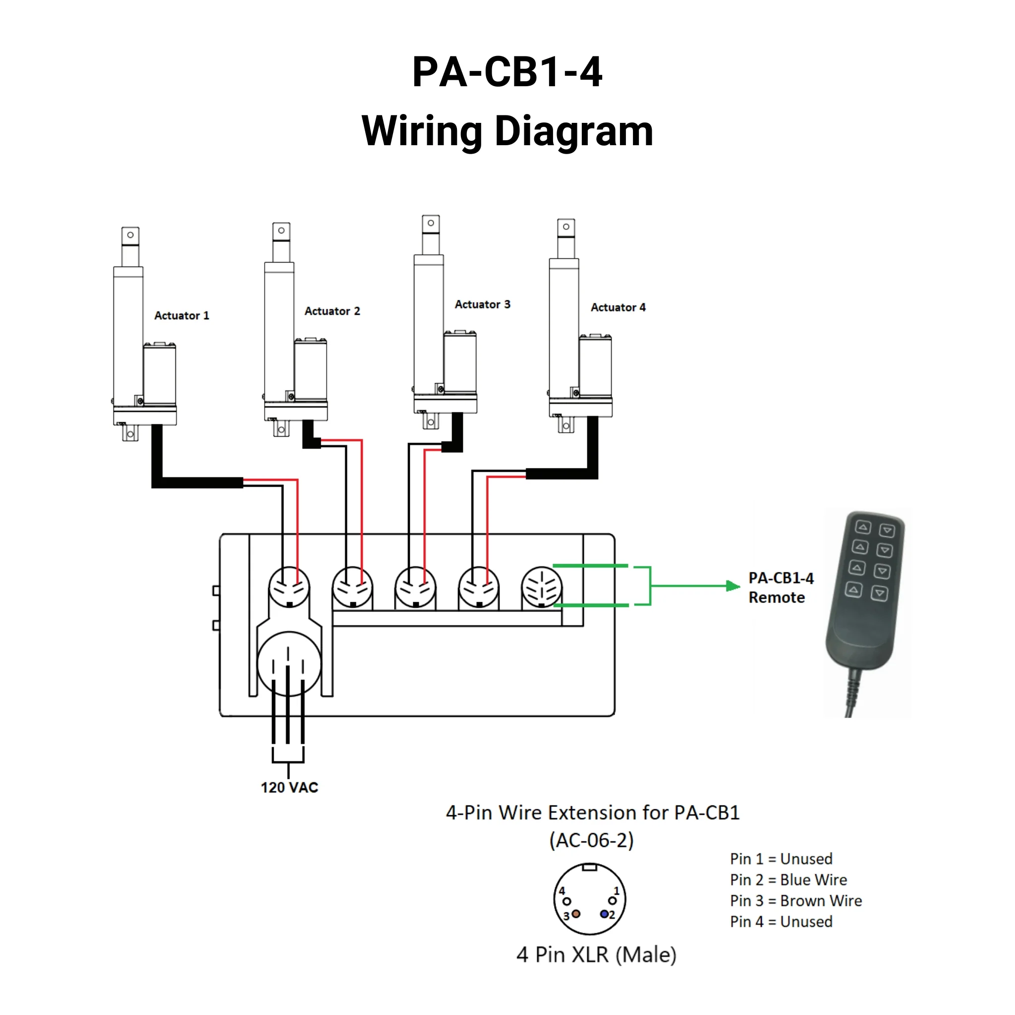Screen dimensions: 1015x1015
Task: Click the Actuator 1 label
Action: [x=181, y=315]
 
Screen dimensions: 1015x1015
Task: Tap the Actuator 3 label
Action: [x=482, y=304]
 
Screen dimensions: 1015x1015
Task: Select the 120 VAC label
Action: [x=289, y=787]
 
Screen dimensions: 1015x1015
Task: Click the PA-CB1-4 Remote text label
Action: [x=780, y=587]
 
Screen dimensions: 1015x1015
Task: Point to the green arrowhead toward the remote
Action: [x=733, y=586]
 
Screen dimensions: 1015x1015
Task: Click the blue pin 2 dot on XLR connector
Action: [x=604, y=914]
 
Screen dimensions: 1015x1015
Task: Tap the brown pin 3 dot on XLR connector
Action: [x=576, y=913]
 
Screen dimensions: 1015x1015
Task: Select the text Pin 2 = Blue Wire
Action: [x=788, y=880]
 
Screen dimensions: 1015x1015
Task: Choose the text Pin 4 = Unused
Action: [x=781, y=921]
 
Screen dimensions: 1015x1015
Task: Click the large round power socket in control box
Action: [x=288, y=664]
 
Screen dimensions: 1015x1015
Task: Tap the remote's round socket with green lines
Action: [x=541, y=587]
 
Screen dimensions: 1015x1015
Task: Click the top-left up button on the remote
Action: [x=863, y=527]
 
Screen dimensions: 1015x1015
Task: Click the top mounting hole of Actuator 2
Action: [x=281, y=230]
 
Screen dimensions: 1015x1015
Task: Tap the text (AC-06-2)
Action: [x=592, y=840]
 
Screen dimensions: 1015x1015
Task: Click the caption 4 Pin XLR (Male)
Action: [x=596, y=955]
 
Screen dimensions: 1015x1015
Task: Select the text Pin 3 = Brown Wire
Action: [x=795, y=901]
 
